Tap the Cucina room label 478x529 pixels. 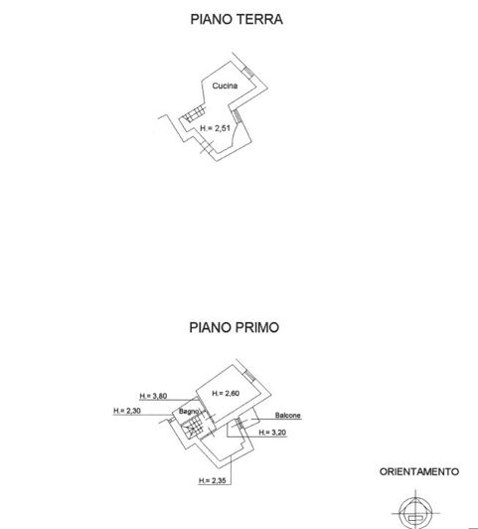225,86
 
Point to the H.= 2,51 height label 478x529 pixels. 215,128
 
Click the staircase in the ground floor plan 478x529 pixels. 194,113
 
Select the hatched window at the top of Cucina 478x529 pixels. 248,72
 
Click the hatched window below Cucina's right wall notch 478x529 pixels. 238,115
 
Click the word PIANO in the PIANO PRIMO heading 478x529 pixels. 210,327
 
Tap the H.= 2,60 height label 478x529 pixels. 226,394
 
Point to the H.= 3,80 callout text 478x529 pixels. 153,396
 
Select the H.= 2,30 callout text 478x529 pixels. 127,411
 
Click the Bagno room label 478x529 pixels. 189,412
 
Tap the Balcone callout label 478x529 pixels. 287,416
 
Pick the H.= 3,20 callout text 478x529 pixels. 272,433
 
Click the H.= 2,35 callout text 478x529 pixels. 213,480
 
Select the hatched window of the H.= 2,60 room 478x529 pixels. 249,376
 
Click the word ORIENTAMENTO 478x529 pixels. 419,471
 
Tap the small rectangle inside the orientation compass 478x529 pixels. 415,518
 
